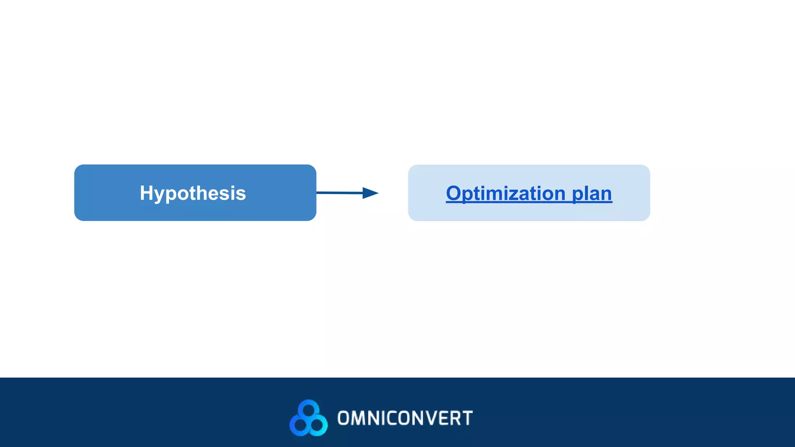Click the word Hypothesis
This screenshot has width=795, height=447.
click(193, 193)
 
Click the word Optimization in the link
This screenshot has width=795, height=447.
click(505, 193)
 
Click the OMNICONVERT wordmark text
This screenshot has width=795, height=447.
click(405, 418)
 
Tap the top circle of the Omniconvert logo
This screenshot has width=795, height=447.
click(308, 409)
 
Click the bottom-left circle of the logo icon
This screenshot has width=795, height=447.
click(300, 425)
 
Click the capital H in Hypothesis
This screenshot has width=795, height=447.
click(147, 193)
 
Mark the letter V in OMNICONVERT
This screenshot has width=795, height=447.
click(430, 418)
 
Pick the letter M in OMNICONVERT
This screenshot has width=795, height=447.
click(357, 418)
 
